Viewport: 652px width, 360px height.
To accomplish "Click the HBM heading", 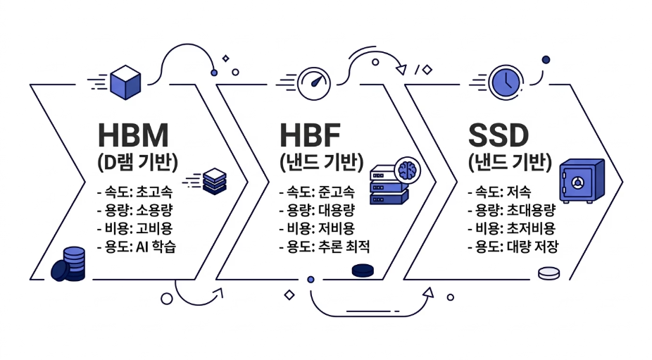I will [134, 135].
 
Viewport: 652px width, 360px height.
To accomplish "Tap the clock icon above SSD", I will [506, 82].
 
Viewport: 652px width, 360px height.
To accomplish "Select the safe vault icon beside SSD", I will [582, 180].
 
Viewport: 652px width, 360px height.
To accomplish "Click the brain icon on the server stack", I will [408, 170].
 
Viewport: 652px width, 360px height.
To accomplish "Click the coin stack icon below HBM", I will [68, 264].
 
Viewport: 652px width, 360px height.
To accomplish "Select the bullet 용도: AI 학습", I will [136, 247].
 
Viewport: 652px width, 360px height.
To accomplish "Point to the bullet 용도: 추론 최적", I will [325, 247].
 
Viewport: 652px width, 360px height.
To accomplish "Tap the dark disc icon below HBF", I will [364, 270].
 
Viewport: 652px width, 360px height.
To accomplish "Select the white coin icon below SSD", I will [549, 273].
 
